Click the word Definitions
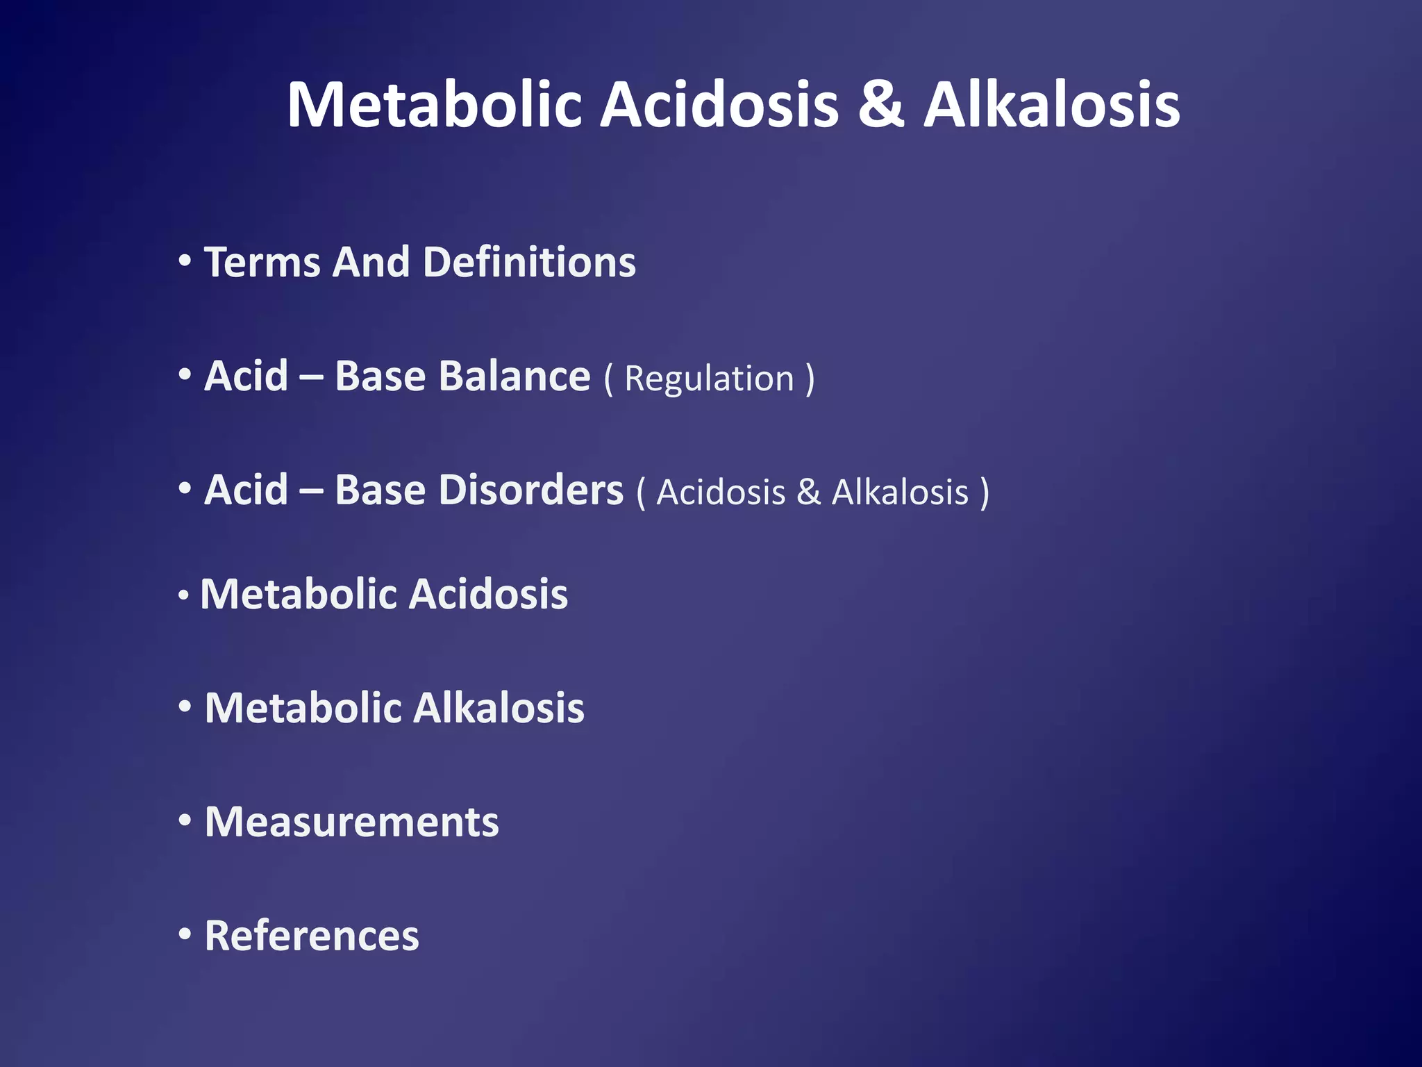click(x=529, y=263)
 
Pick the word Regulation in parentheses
click(x=709, y=379)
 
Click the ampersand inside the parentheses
click(x=808, y=493)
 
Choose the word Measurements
click(x=351, y=822)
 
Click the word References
click(x=312, y=936)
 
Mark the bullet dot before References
click(x=185, y=935)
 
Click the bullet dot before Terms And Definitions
click(x=185, y=262)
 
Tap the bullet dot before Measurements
click(x=185, y=821)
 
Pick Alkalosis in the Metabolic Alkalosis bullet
click(x=499, y=709)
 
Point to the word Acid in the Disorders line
click(x=246, y=490)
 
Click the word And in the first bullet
click(x=371, y=263)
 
